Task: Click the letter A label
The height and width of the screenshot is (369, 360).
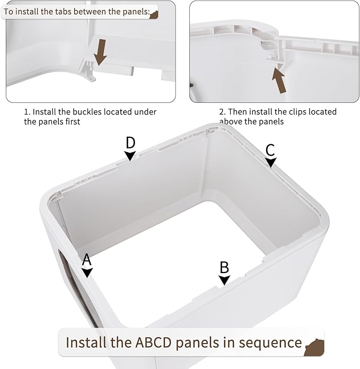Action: (x=87, y=259)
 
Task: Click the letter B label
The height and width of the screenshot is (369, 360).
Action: (x=224, y=267)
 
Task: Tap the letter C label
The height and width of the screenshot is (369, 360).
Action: (x=270, y=150)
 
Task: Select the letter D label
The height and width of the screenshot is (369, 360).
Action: (x=130, y=143)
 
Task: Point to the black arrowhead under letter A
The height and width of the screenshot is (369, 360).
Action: (x=87, y=273)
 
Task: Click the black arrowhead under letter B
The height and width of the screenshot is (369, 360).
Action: (x=225, y=280)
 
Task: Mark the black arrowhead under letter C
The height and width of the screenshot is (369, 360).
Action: (x=271, y=163)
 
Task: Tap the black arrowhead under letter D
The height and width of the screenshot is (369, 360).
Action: (x=130, y=155)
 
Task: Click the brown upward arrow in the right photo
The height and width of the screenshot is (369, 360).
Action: (x=277, y=77)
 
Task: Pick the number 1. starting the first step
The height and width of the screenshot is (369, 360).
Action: (x=27, y=112)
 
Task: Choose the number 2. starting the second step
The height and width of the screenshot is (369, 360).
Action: (x=223, y=112)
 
